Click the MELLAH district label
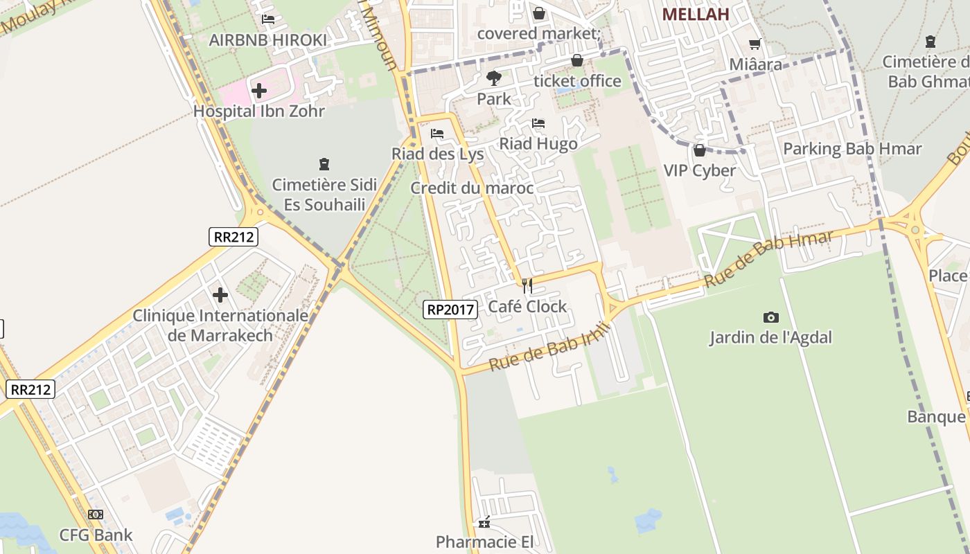tap(696, 15)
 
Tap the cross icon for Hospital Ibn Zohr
tap(258, 90)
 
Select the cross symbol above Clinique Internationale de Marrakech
tap(220, 295)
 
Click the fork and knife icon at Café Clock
tap(527, 285)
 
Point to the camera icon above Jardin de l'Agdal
tap(770, 317)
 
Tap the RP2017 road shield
tap(450, 310)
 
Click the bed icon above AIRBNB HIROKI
tap(268, 19)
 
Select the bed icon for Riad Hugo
tap(538, 124)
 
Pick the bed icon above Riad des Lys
tap(437, 134)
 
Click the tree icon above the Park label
tap(493, 78)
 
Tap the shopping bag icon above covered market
tap(538, 13)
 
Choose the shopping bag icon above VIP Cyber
tap(699, 150)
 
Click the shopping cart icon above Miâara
tap(755, 44)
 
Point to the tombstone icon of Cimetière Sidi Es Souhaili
tap(324, 164)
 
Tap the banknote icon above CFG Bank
tap(96, 515)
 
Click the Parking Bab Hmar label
tap(852, 149)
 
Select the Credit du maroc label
tap(472, 188)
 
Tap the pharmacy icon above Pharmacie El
tap(484, 522)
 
